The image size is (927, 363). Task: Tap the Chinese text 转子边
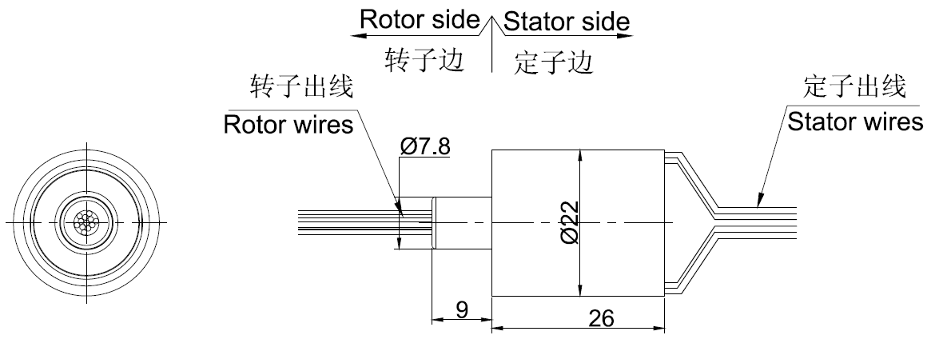(424, 60)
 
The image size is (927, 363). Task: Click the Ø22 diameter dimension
(569, 221)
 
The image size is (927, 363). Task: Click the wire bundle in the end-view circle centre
(85, 222)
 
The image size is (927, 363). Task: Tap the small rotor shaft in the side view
(462, 222)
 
